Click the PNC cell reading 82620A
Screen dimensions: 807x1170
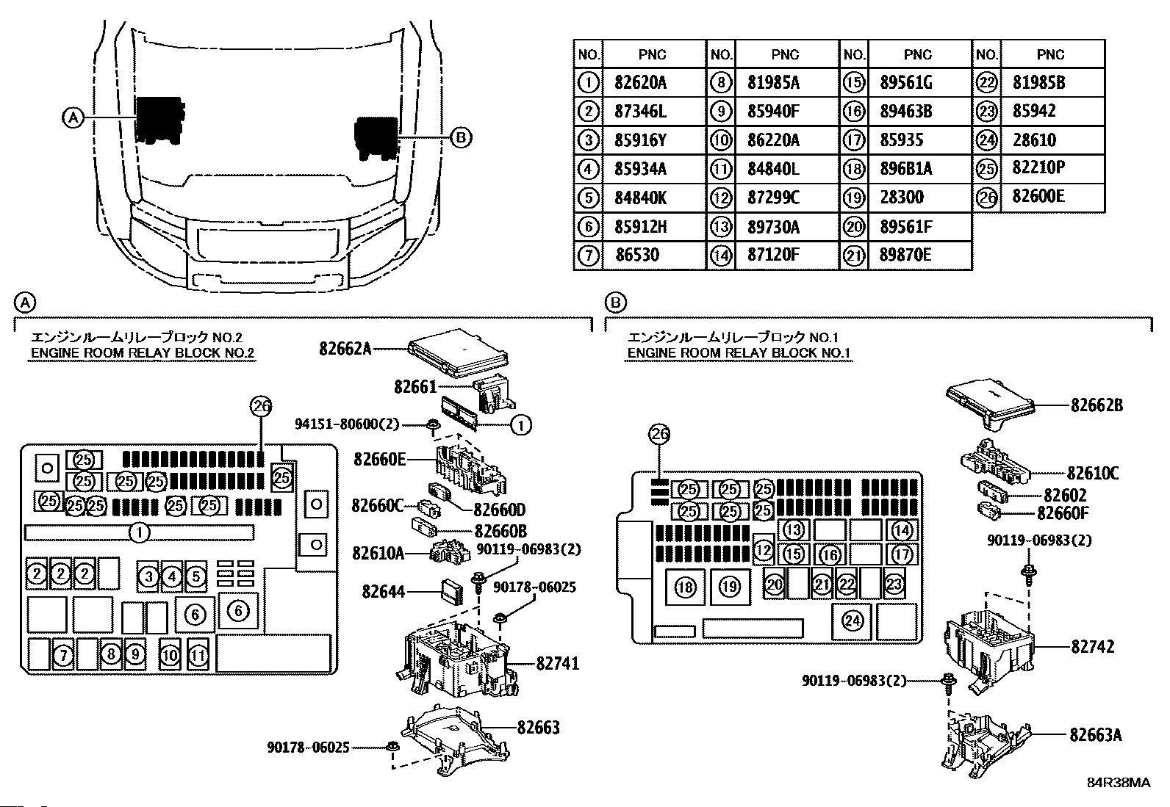(x=640, y=83)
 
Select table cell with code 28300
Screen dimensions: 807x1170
(x=901, y=198)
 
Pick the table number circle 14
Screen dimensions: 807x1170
(x=722, y=256)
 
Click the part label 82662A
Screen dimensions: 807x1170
(x=345, y=349)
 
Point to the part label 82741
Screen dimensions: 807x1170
(x=557, y=664)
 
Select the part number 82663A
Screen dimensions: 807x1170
(x=1096, y=734)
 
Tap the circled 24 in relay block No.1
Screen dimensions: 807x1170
(x=852, y=621)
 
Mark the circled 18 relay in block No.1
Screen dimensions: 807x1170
(x=686, y=587)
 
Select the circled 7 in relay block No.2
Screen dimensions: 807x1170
(x=64, y=654)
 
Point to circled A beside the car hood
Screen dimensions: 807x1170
(x=73, y=117)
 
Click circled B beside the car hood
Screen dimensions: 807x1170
(x=460, y=137)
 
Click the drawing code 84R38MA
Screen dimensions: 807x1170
(x=1119, y=783)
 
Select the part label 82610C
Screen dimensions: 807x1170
(x=1092, y=474)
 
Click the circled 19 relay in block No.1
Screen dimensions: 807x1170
(x=728, y=587)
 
